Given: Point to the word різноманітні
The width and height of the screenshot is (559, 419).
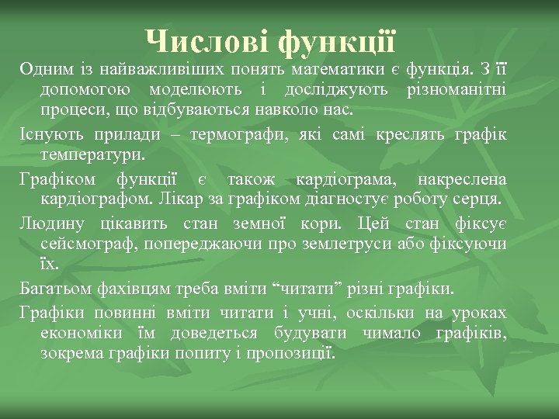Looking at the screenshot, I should (457, 91).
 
